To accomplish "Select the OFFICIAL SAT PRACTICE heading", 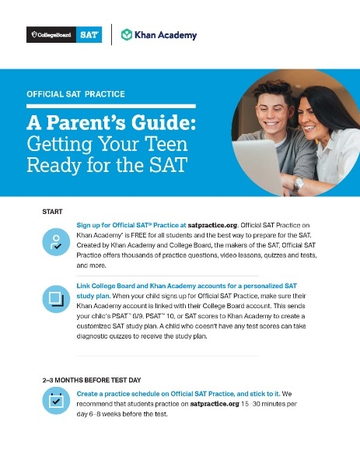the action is (75, 94).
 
